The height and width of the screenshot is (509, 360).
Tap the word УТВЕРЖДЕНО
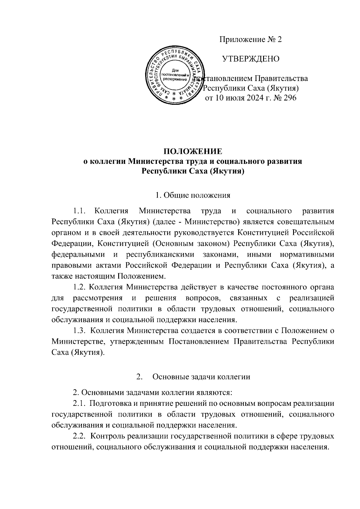click(x=250, y=59)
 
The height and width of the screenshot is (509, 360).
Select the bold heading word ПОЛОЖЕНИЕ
click(x=192, y=151)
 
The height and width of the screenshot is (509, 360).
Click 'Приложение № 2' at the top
click(x=251, y=40)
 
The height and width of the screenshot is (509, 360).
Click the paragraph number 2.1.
click(x=80, y=404)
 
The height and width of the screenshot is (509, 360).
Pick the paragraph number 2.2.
click(x=80, y=435)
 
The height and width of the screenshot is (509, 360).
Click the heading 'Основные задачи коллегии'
click(x=201, y=377)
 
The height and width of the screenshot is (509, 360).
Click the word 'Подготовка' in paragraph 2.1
click(x=110, y=404)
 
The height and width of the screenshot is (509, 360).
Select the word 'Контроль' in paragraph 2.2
click(x=107, y=435)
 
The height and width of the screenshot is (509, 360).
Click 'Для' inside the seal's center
click(x=175, y=70)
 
